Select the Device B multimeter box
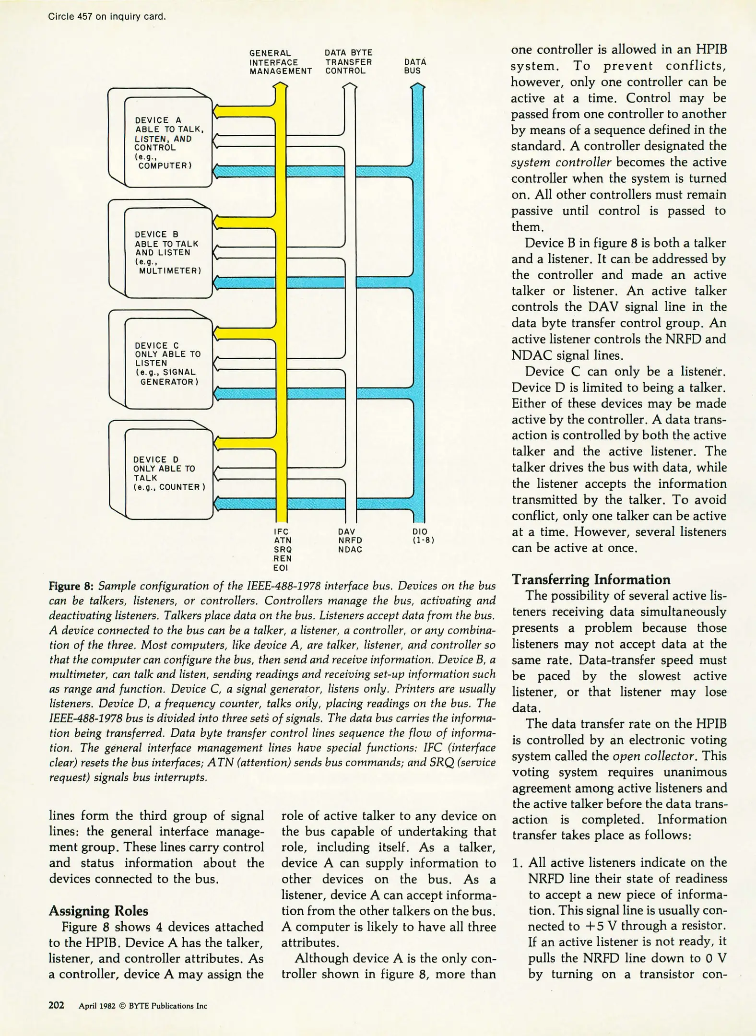pos(168,252)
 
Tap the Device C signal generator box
pos(168,363)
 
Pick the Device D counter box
pos(168,473)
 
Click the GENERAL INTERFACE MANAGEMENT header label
pos(280,62)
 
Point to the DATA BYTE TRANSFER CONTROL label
pos(348,61)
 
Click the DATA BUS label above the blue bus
pos(414,66)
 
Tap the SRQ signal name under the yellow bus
pos(283,549)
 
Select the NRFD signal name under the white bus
pos(350,541)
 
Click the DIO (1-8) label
pos(423,536)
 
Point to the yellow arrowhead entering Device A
pos(217,111)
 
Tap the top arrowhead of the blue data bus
pos(418,87)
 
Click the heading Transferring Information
pos(591,579)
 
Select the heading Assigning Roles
pos(98,911)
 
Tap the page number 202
pos(56,1005)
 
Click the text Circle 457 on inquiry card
pos(106,17)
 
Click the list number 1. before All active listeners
pos(517,863)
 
